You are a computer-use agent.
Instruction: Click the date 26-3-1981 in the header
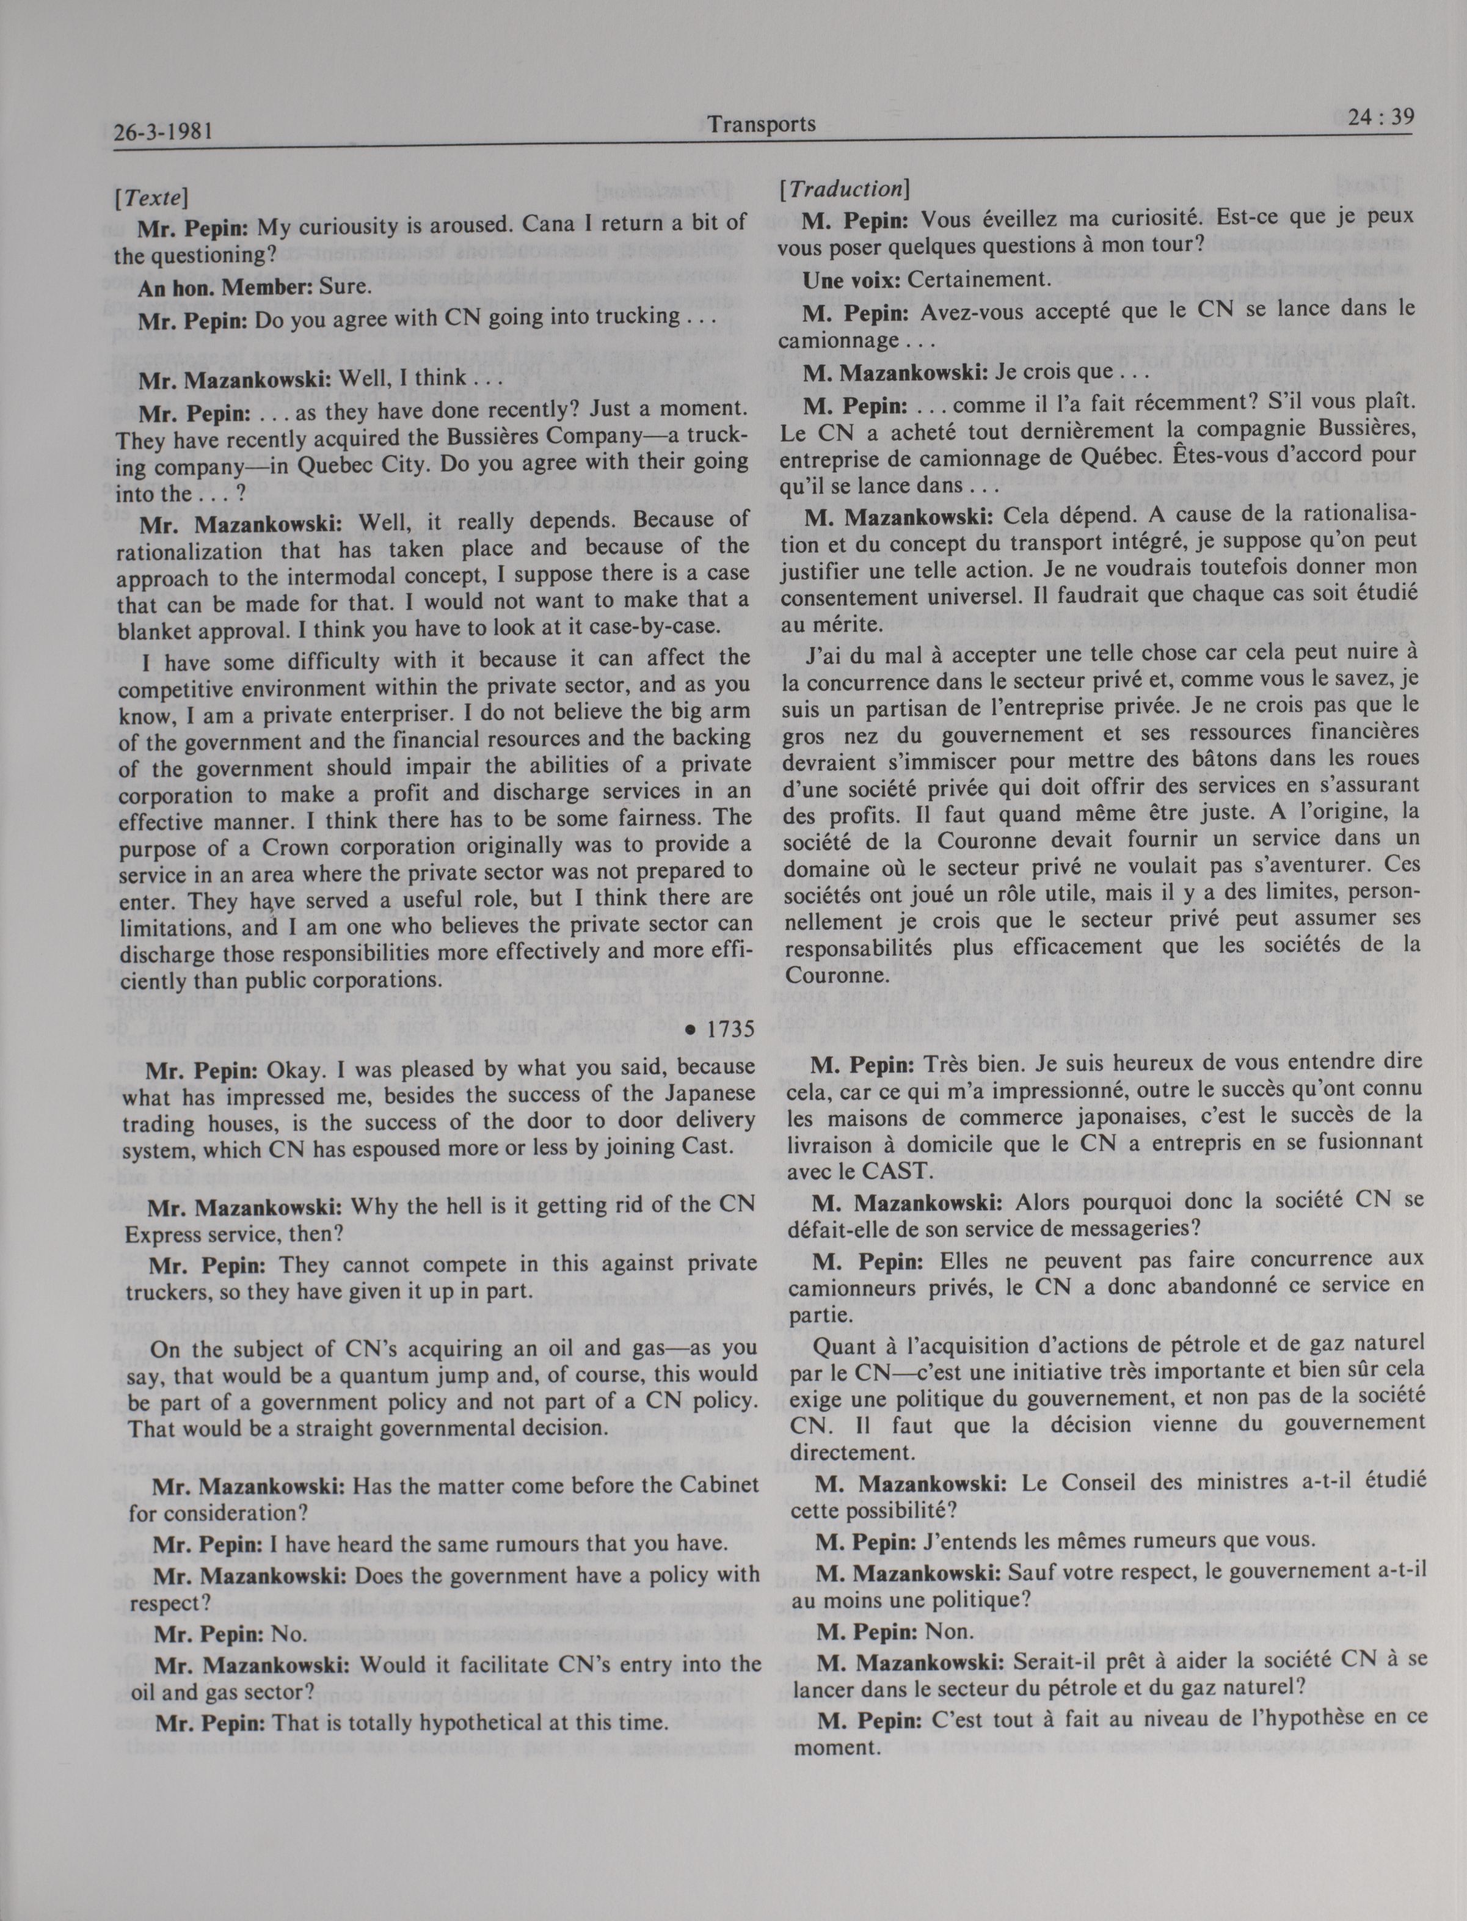point(164,133)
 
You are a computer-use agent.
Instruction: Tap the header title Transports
point(762,124)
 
